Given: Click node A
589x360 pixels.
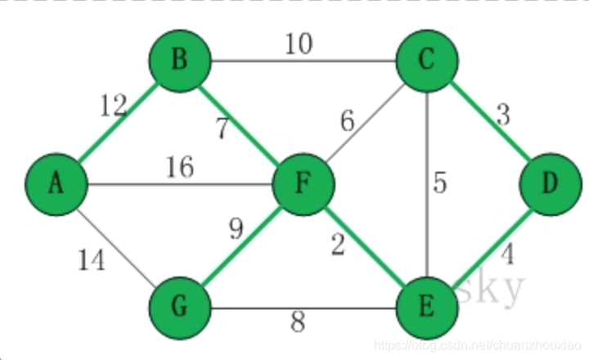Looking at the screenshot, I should (56, 185).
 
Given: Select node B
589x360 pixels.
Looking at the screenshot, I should (180, 61).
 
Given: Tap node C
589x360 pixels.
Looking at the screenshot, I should (427, 61).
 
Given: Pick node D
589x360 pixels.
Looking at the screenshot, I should (551, 185).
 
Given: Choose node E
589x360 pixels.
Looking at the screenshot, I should (427, 308).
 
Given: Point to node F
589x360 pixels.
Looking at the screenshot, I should (303, 185).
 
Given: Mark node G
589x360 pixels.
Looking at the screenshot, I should (180, 308).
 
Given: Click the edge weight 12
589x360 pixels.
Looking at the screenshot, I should (114, 106).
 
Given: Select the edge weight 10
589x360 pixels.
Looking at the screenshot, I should (299, 43).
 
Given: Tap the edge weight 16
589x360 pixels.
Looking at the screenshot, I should (179, 168).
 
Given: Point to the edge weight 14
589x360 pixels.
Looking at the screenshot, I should (92, 261).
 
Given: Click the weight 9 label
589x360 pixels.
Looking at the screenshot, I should (236, 230).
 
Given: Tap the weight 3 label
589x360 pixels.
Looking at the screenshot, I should (502, 115).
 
